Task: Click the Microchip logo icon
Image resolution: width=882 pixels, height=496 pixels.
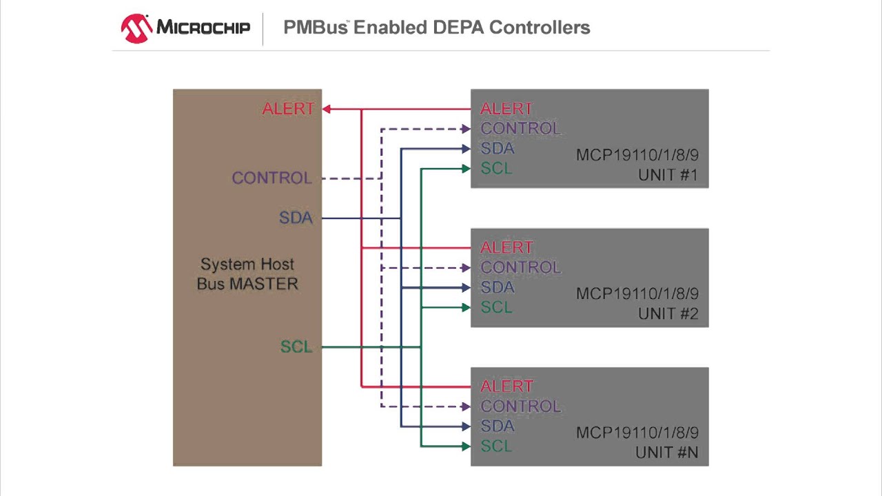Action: (136, 28)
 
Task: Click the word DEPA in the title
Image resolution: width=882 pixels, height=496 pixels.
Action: (458, 28)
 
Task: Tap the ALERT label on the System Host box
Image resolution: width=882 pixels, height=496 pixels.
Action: (288, 109)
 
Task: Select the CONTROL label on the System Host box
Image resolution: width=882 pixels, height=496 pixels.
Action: (271, 178)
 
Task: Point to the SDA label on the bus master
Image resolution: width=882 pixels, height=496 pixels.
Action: (296, 218)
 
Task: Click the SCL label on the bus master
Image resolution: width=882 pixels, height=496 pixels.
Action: (296, 347)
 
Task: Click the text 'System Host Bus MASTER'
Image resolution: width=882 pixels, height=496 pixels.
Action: (247, 274)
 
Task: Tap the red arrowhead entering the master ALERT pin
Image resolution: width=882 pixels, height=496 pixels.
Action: (327, 109)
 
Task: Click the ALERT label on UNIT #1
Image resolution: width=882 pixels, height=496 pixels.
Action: (506, 109)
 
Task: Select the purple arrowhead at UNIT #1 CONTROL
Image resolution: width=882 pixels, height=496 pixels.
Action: (466, 129)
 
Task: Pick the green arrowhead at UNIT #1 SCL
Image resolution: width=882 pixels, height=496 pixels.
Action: (466, 169)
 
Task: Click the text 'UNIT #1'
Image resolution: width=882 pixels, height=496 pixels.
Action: (668, 175)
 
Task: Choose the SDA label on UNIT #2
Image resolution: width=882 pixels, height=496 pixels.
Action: (498, 287)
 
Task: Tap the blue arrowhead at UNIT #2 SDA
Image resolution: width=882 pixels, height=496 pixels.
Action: (466, 288)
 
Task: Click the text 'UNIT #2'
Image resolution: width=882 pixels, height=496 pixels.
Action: (668, 313)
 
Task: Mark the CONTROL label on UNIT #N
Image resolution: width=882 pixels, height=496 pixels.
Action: (520, 406)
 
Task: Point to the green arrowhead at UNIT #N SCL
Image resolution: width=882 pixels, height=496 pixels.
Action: (466, 446)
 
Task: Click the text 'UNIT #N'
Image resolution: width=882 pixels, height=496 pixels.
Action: (667, 453)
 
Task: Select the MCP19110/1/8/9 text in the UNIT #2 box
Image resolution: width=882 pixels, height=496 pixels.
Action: (637, 293)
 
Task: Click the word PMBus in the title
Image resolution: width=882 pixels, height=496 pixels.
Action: (316, 28)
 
